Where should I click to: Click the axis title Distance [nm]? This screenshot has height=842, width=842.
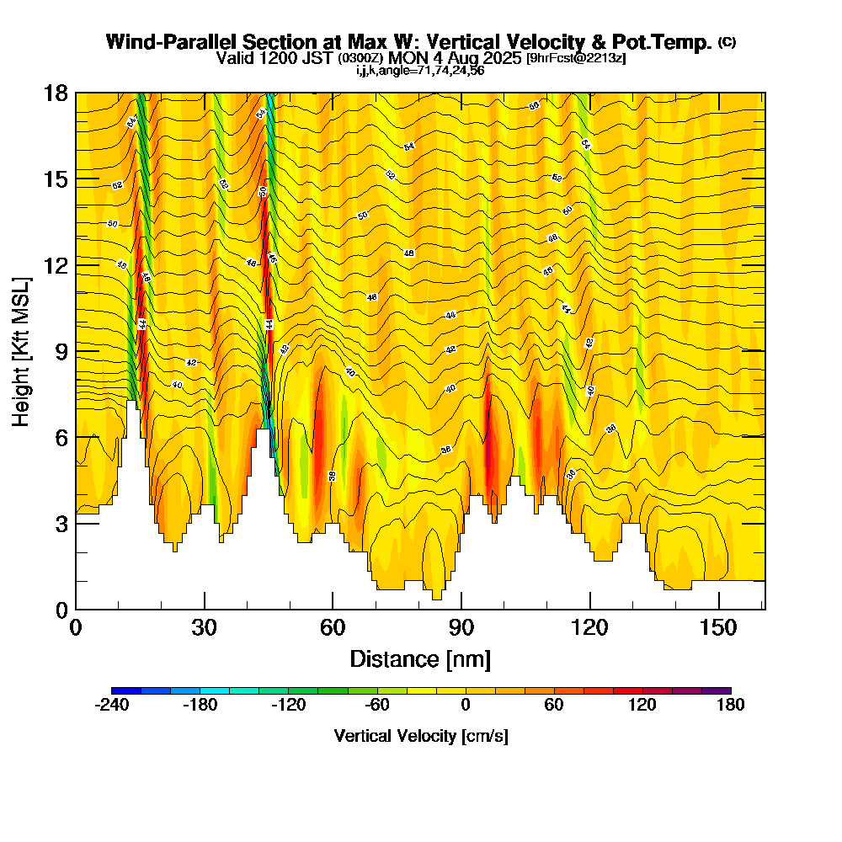(420, 658)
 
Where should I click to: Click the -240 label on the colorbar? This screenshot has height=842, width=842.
(111, 706)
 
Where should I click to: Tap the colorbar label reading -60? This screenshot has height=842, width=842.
(376, 706)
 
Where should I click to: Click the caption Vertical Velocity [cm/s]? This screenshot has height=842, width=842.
(421, 736)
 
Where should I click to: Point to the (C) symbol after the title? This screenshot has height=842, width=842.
(727, 41)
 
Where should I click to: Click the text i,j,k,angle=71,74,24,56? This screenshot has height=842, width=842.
(420, 70)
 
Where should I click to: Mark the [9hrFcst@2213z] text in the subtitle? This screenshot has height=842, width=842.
(575, 58)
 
